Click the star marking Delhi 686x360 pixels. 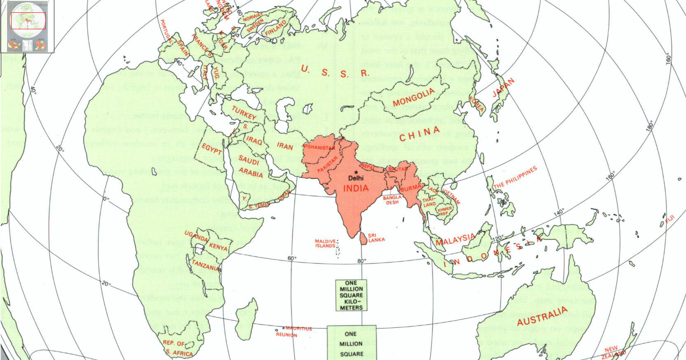356,172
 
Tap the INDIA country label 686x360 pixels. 356,188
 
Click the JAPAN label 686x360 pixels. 503,87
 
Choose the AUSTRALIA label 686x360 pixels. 542,316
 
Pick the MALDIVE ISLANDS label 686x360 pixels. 325,243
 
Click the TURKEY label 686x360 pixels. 244,113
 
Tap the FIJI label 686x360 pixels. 670,220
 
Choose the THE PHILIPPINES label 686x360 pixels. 515,178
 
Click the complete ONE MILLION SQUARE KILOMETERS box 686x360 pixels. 351,295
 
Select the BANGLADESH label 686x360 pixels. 392,200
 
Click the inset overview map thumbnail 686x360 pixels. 28,26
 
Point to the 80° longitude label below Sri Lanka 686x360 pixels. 362,261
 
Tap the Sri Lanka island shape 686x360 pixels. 364,238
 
